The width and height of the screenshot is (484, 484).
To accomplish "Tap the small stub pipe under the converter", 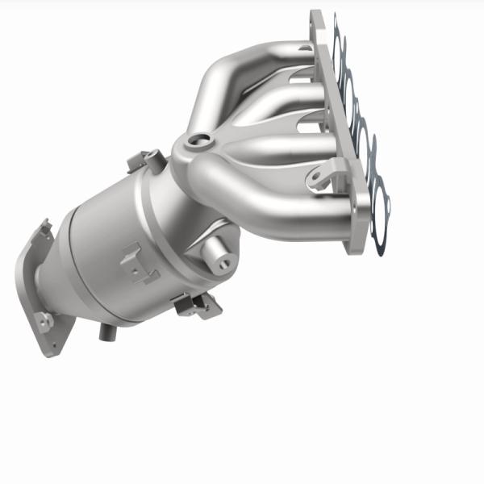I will coord(106,330).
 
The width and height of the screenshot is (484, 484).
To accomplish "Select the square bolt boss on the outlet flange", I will coord(45,320).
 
